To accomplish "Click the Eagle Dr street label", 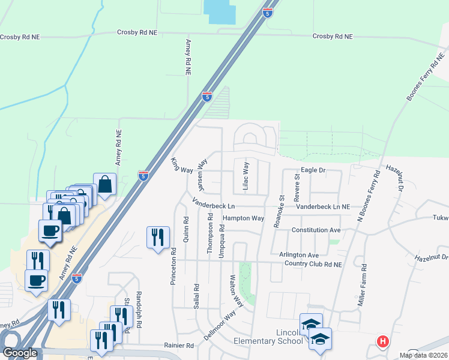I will (313, 170).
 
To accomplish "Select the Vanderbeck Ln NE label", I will (323, 206).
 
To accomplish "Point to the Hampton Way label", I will (243, 218).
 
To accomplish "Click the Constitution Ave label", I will (316, 230).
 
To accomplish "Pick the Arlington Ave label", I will (298, 255).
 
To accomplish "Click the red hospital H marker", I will (382, 342).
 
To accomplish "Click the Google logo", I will (20, 353).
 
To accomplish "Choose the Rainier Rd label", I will (179, 346).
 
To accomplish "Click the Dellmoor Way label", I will (220, 326).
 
